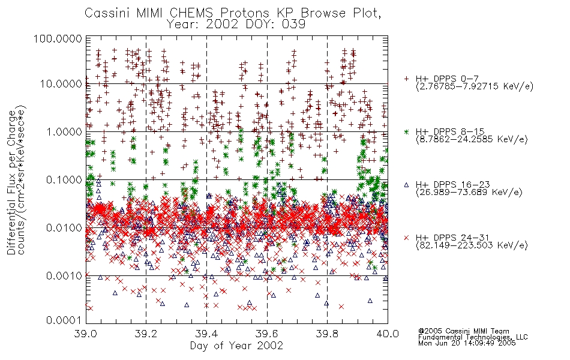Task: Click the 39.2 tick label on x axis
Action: click(x=146, y=334)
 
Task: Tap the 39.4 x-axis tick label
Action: click(x=206, y=334)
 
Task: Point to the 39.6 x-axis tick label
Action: click(x=267, y=334)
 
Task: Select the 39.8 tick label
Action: click(x=327, y=334)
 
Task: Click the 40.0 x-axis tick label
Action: click(x=388, y=334)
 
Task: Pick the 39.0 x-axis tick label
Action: click(x=86, y=334)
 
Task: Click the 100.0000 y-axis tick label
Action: click(x=58, y=38)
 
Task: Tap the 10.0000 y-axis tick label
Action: click(x=61, y=84)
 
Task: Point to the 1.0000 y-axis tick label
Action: click(x=64, y=131)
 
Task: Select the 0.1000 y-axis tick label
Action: click(x=64, y=179)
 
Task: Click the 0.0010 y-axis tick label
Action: click(x=64, y=275)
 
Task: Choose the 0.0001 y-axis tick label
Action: click(x=64, y=320)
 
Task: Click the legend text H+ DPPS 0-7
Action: click(x=447, y=79)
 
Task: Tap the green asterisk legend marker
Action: click(x=406, y=131)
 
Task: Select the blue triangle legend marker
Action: click(x=406, y=185)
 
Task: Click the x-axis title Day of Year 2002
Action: click(x=236, y=346)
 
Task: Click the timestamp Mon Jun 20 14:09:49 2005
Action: click(x=467, y=343)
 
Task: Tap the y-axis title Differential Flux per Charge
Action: click(x=11, y=182)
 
